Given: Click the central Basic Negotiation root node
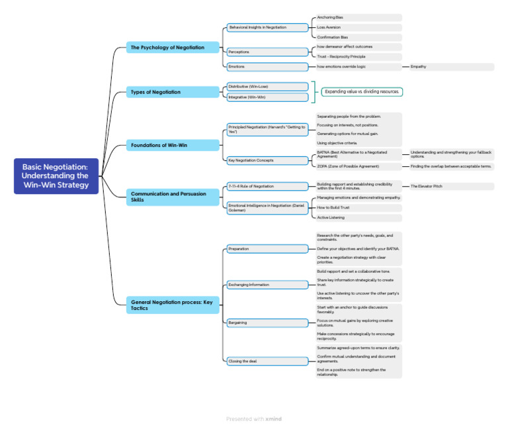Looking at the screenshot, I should tap(56, 177).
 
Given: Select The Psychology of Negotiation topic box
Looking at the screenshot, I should tap(174, 47).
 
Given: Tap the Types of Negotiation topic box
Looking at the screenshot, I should tap(174, 92).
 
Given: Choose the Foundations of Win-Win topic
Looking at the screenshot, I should tap(174, 144).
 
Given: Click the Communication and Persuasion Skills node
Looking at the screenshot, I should tap(174, 197).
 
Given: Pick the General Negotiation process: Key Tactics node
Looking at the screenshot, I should tap(174, 304).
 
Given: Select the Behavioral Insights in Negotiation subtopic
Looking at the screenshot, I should tap(267, 28).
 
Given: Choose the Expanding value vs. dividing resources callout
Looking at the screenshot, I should tap(361, 92).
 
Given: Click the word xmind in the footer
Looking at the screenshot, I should tap(273, 419).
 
